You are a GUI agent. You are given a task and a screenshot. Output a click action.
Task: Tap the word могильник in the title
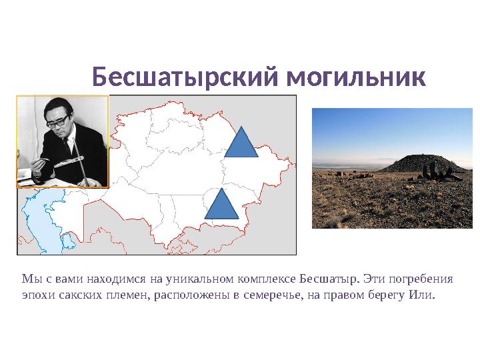355,78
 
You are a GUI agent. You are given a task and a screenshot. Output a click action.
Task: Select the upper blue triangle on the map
241,143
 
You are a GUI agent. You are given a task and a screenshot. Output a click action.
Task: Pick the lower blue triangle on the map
221,205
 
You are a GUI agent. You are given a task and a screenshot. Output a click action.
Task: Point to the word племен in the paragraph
121,294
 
